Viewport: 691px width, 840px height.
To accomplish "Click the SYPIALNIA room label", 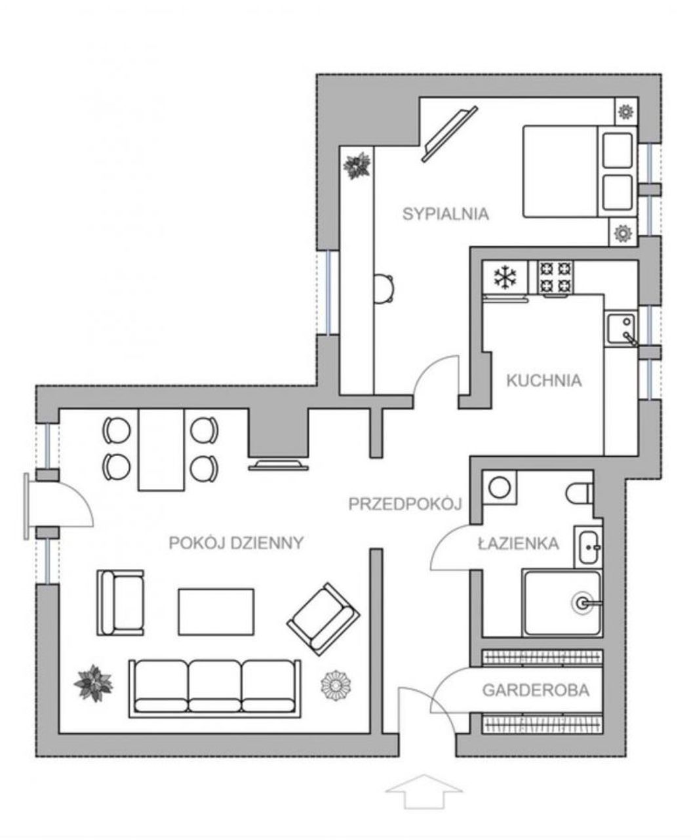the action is coord(445,214).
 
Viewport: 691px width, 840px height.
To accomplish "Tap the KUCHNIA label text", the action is coord(544,381).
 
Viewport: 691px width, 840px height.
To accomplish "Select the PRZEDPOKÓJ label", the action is coord(405,504).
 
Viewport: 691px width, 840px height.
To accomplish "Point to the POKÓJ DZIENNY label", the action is coord(236,543).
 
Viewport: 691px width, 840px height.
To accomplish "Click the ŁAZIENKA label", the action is coord(518,543).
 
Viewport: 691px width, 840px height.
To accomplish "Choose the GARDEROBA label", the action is coord(536,690).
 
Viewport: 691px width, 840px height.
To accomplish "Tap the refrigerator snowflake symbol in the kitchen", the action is coord(505,278).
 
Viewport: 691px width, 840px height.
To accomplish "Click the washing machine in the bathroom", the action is coord(500,488).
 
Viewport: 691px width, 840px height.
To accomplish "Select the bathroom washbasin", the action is coord(589,547).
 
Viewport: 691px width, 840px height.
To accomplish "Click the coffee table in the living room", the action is coord(216,612).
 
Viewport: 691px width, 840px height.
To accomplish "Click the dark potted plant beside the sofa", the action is coord(93,683).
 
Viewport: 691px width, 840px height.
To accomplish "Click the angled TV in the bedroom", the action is coord(449,135).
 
